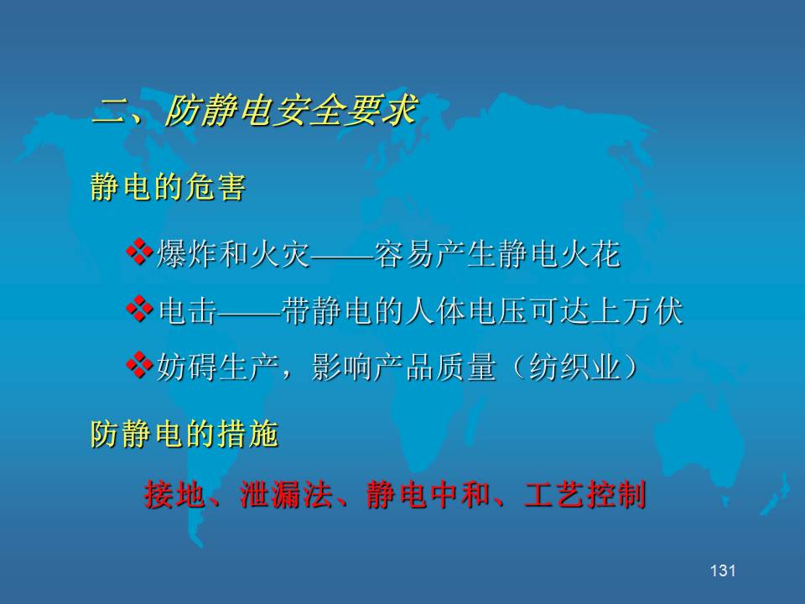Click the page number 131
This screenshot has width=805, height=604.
[x=723, y=570]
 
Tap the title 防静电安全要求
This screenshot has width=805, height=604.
[x=291, y=110]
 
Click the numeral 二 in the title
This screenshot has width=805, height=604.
[x=111, y=111]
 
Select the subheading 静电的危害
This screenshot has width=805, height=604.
[x=168, y=186]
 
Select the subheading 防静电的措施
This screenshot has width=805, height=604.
[x=184, y=434]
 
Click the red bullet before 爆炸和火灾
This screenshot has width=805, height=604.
[x=139, y=252]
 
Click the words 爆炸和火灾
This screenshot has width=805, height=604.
[x=232, y=253]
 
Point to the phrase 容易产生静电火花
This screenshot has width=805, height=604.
[x=497, y=253]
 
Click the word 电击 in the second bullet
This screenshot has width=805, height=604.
[x=187, y=310]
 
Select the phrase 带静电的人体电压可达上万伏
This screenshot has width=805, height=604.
[x=481, y=310]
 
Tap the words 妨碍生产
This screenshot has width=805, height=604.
[x=217, y=367]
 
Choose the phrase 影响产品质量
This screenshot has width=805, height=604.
[x=403, y=367]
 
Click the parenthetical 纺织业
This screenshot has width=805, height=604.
[x=574, y=367]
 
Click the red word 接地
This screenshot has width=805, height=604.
[x=174, y=495]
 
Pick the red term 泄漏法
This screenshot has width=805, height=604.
[x=285, y=495]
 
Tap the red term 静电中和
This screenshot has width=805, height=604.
[x=428, y=495]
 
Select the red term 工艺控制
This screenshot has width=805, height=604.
[x=585, y=495]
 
